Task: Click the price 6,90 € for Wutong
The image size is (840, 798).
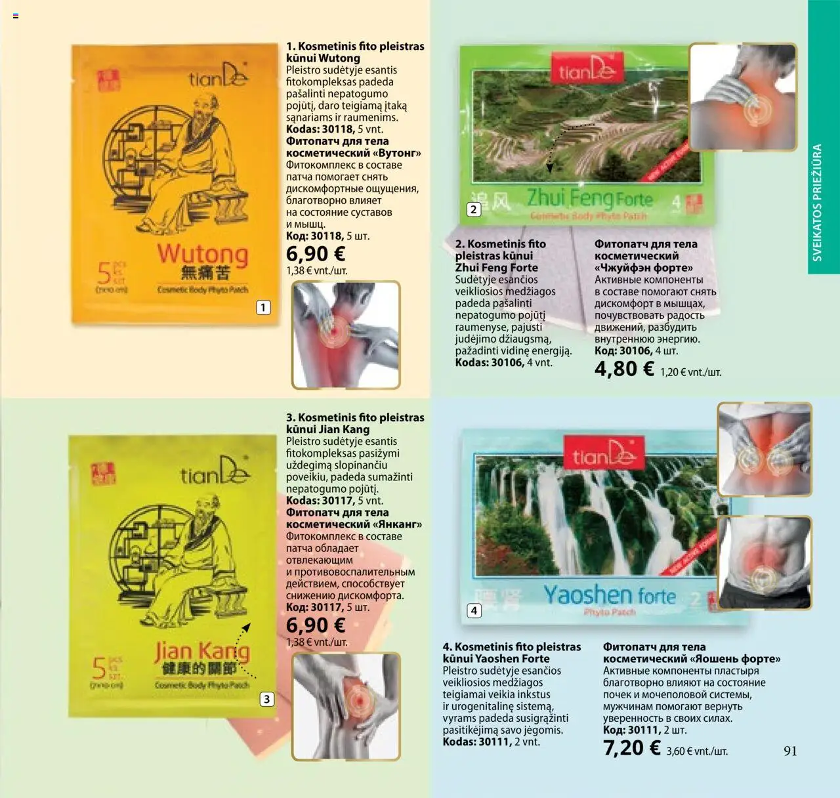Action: pyautogui.click(x=316, y=254)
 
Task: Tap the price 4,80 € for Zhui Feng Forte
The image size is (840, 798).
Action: pyautogui.click(x=624, y=369)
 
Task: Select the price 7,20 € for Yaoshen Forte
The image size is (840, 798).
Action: pyautogui.click(x=632, y=748)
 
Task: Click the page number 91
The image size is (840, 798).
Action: pyautogui.click(x=790, y=751)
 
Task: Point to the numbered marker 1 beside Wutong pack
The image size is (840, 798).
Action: pyautogui.click(x=263, y=307)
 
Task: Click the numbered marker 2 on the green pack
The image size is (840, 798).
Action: pyautogui.click(x=473, y=209)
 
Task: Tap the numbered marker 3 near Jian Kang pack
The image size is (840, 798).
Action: pyautogui.click(x=266, y=699)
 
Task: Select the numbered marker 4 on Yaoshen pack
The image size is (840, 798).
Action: pyautogui.click(x=474, y=611)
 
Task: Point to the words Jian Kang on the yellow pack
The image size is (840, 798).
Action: pyautogui.click(x=202, y=651)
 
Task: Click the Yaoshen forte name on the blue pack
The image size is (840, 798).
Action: pyautogui.click(x=609, y=595)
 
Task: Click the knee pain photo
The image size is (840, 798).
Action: pyautogui.click(x=346, y=706)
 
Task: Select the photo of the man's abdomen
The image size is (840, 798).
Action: pyautogui.click(x=765, y=562)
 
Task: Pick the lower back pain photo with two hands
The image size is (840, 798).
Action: pyautogui.click(x=765, y=450)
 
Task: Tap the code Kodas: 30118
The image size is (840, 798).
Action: pyautogui.click(x=320, y=129)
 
